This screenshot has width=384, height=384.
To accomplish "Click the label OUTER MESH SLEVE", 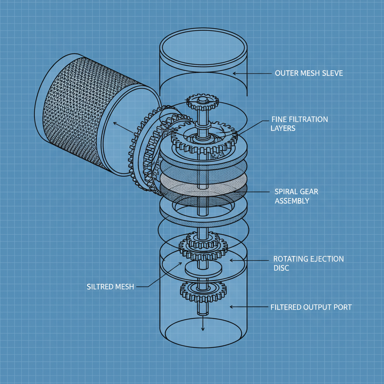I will pyautogui.click(x=309, y=73).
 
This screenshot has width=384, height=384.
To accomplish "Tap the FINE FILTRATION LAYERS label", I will pyautogui.click(x=299, y=124).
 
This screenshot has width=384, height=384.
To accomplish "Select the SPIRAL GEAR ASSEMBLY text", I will pyautogui.click(x=296, y=196).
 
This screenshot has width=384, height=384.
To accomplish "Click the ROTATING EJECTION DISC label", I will pyautogui.click(x=309, y=263).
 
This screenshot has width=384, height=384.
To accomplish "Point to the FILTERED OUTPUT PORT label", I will pyautogui.click(x=311, y=307).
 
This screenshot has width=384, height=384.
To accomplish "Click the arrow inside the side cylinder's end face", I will pyautogui.click(x=123, y=127).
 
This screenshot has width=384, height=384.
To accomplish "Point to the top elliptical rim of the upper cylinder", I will pyautogui.click(x=203, y=46).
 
